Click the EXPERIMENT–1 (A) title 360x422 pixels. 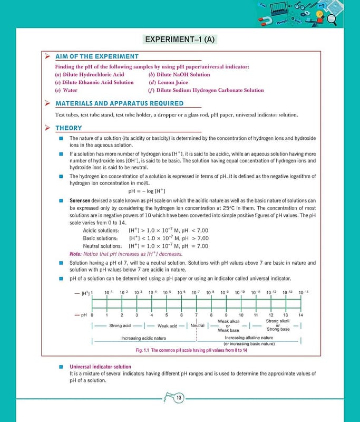tap(180, 40)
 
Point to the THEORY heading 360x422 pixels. tap(69, 128)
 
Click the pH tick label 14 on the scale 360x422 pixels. tap(301, 315)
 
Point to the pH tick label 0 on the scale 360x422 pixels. tap(92, 315)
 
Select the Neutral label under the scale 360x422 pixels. tap(197, 325)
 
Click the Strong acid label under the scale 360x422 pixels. tap(120, 325)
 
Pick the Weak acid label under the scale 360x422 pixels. tap(167, 326)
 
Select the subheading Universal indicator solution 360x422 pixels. tap(101, 367)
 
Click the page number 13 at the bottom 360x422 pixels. tap(179, 397)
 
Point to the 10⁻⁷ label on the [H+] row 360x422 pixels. tap(196, 292)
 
